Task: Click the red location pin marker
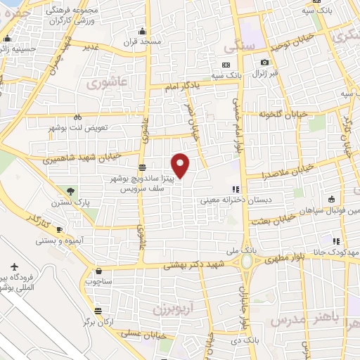pyautogui.click(x=181, y=165)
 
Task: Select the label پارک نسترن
pyautogui.click(x=65, y=202)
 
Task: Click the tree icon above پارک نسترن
pyautogui.click(x=70, y=191)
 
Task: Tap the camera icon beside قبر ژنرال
pyautogui.click(x=265, y=63)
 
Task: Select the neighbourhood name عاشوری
pyautogui.click(x=108, y=82)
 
